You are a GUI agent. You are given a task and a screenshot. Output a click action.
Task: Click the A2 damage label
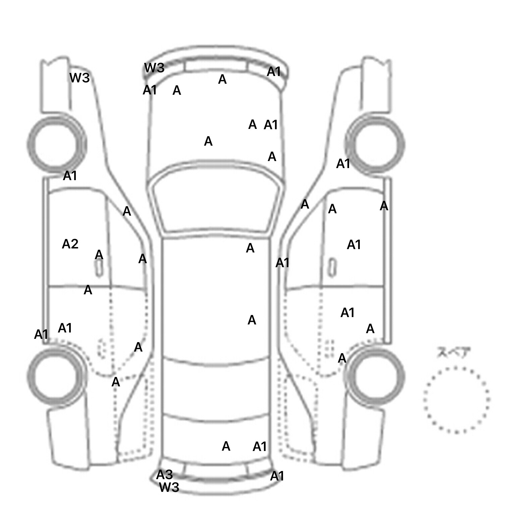(70, 244)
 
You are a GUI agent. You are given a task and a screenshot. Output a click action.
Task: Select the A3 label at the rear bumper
(164, 474)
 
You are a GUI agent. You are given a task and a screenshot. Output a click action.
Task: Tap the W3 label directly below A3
(169, 487)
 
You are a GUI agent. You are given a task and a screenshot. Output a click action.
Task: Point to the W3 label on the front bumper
(154, 68)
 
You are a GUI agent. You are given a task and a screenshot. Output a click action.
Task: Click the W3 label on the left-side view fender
(80, 78)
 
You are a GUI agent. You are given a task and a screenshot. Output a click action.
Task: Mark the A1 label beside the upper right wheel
(343, 164)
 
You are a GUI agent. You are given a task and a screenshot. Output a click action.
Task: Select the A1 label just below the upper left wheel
(70, 175)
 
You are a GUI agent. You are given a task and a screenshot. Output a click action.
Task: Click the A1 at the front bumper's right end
(274, 71)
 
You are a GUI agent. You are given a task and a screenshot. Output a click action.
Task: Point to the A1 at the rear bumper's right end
(277, 476)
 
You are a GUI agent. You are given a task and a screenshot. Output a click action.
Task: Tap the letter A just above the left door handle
(99, 255)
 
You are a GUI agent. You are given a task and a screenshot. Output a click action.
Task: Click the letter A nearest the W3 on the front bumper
(177, 90)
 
